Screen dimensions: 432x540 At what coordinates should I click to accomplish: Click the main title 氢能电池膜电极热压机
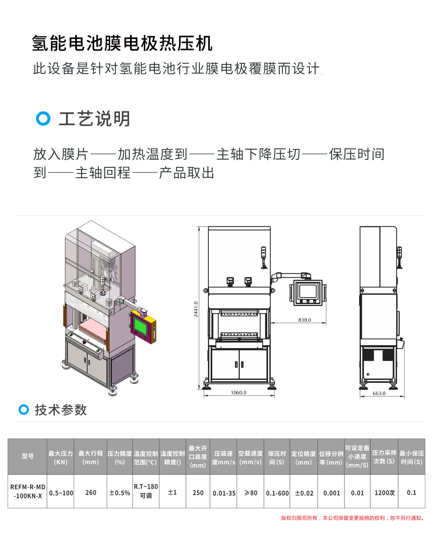pyautogui.click(x=122, y=43)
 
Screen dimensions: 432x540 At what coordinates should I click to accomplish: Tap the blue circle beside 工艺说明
pyautogui.click(x=43, y=119)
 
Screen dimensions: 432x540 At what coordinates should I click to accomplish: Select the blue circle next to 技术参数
pyautogui.click(x=24, y=409)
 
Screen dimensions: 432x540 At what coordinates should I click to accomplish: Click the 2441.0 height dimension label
pyautogui.click(x=196, y=309)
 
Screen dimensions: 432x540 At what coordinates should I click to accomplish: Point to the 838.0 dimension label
pyautogui.click(x=305, y=320)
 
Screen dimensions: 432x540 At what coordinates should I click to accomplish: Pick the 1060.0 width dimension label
pyautogui.click(x=238, y=393)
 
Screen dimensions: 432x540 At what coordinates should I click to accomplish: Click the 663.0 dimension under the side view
pyautogui.click(x=379, y=393)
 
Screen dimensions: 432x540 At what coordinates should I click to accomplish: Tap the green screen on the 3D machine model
pyautogui.click(x=140, y=326)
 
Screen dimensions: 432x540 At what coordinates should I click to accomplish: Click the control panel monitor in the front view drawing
pyautogui.click(x=308, y=293)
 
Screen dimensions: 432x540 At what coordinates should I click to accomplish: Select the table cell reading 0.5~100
pyautogui.click(x=61, y=493)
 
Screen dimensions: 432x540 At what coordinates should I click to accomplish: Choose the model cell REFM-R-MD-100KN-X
pyautogui.click(x=28, y=491)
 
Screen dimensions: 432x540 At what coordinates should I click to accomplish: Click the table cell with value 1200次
pyautogui.click(x=384, y=493)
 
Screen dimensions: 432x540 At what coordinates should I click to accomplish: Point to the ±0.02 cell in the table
pyautogui.click(x=304, y=493)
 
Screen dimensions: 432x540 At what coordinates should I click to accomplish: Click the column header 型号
pyautogui.click(x=28, y=456)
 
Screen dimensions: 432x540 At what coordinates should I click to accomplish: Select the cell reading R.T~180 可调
pyautogui.click(x=146, y=491)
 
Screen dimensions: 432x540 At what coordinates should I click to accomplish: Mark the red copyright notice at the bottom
pyautogui.click(x=353, y=518)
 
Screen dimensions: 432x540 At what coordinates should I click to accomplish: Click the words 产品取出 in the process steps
pyautogui.click(x=187, y=173)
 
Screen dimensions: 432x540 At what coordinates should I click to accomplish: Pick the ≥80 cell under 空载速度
pyautogui.click(x=251, y=493)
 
